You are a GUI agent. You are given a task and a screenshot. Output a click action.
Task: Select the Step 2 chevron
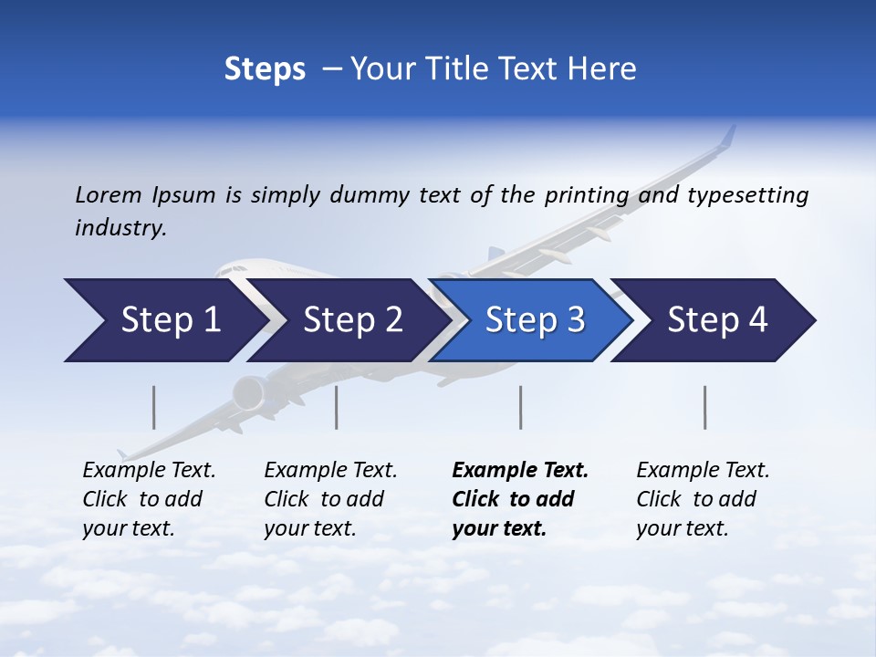[x=352, y=320]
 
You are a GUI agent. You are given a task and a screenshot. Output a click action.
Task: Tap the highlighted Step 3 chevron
[x=535, y=320]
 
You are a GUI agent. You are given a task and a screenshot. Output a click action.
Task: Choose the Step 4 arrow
[x=717, y=320]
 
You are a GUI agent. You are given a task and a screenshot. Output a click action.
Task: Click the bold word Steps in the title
[x=265, y=69]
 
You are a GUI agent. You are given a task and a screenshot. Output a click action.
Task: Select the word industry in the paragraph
[x=120, y=228]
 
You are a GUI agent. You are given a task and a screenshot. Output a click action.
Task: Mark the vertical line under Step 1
[x=154, y=407]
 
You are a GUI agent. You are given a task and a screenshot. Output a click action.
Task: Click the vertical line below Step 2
[x=337, y=407]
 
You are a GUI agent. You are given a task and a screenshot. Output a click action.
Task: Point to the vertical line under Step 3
[x=521, y=407]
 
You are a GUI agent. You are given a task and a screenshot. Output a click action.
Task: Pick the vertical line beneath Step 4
[x=705, y=407]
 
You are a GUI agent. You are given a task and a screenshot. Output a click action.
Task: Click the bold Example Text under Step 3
[x=520, y=471]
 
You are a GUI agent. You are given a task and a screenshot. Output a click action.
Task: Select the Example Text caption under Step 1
[x=149, y=471]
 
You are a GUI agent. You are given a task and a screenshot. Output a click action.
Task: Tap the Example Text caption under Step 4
[x=703, y=471]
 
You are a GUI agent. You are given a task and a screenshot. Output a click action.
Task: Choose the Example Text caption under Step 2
[x=330, y=471]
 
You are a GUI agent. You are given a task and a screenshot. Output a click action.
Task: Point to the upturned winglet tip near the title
[x=727, y=137]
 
